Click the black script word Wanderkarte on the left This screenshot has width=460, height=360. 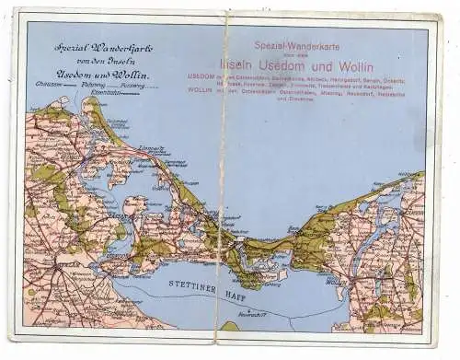(124, 47)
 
